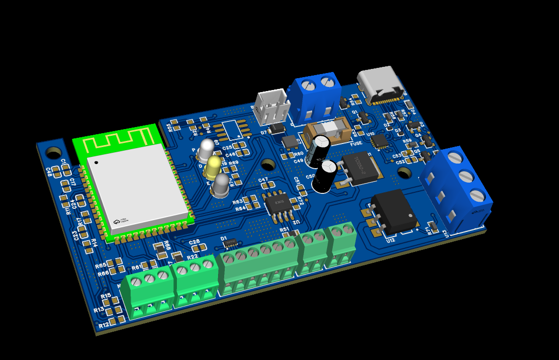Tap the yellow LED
click(213, 167)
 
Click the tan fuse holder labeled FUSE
click(328, 133)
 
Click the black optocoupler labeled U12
click(395, 211)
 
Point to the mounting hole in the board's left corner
click(53, 153)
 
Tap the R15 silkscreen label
click(106, 296)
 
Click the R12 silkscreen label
click(104, 325)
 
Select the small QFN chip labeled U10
click(380, 140)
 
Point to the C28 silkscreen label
click(194, 242)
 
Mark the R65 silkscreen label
click(101, 265)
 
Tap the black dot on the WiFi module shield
click(96, 163)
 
